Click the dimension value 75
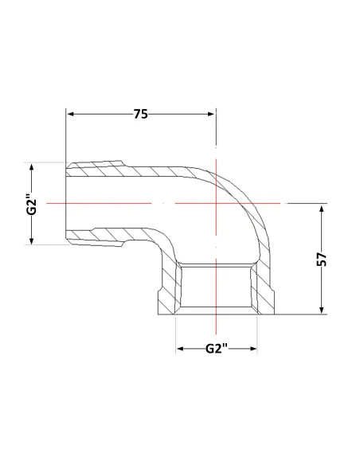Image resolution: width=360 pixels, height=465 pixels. point(140,114)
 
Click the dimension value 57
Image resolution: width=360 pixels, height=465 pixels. point(322,260)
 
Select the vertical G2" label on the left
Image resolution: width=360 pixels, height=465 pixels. point(31,204)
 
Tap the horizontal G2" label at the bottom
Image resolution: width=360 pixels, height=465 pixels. point(217,349)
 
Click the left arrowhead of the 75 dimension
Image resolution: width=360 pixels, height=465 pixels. point(71,114)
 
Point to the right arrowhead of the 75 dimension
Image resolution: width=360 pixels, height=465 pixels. point(211,114)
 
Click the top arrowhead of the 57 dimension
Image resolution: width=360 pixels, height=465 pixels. point(322,209)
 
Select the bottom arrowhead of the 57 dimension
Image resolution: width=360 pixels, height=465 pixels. point(322,310)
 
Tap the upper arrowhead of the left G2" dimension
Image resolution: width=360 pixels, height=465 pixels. point(32,167)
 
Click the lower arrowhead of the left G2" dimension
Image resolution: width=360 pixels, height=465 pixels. point(32,240)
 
